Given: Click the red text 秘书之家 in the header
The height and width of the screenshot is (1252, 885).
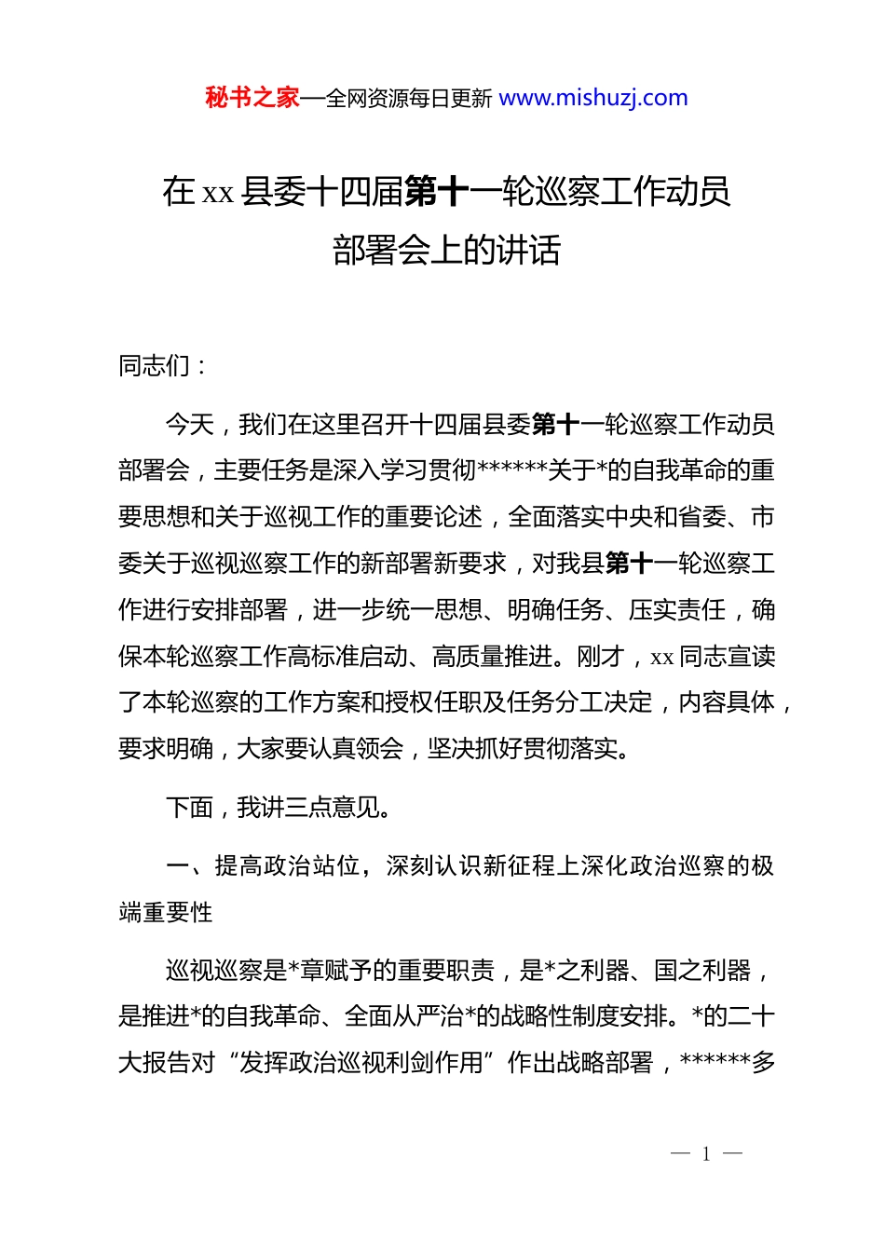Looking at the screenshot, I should coord(252,98).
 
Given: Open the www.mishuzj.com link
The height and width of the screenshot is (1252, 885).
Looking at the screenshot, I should coord(593,98).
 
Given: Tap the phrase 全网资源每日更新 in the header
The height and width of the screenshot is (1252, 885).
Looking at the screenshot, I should coord(409,99).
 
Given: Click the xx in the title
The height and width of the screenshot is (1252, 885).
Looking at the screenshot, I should coord(217,193).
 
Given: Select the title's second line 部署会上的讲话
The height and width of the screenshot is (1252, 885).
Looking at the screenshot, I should coord(446,250).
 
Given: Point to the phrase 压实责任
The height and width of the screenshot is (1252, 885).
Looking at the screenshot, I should coord(677,610).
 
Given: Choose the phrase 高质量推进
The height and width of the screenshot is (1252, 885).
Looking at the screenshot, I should coord(493,657).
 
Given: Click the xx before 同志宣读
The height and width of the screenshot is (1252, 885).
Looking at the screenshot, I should coord(662,658).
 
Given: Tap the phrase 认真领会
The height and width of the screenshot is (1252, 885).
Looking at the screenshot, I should coord(355,749).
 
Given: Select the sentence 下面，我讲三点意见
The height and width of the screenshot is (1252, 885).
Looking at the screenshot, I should coord(278,808).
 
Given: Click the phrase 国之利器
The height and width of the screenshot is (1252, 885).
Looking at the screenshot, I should coord(702,971).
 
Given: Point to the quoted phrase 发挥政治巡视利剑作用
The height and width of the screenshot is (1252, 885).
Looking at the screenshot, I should coord(361,1063).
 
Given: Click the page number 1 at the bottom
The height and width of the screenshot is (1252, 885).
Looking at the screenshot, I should coord(706,1154).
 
